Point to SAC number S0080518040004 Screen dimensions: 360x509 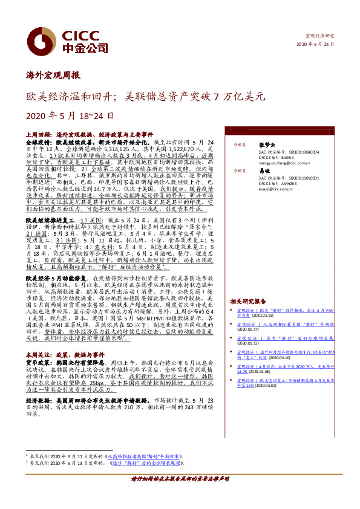(x=283, y=152)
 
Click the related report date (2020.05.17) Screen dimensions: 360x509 (x=247, y=332)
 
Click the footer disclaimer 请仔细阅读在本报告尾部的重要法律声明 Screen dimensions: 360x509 (x=180, y=495)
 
